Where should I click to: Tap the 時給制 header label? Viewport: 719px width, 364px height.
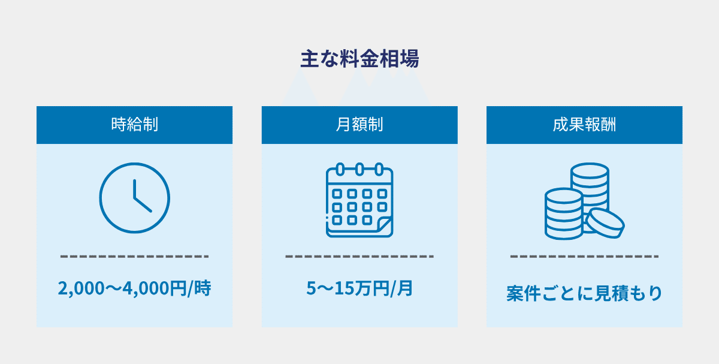pos(134,125)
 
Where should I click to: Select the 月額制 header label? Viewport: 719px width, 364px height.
pos(359,125)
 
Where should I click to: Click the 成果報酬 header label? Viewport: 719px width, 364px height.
pos(584,125)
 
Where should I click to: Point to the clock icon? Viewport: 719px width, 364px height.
pos(134,198)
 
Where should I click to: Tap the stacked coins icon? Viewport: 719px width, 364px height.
pos(584,200)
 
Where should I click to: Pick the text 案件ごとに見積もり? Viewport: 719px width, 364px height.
pos(584,294)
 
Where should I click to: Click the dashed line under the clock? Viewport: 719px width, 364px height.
pos(134,257)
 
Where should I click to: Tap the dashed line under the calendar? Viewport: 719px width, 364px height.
pos(359,257)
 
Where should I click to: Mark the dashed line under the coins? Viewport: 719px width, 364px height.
pos(584,257)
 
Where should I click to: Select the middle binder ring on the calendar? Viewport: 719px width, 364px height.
pos(359,169)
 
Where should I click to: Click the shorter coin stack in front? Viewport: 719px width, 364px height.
pos(564,213)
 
